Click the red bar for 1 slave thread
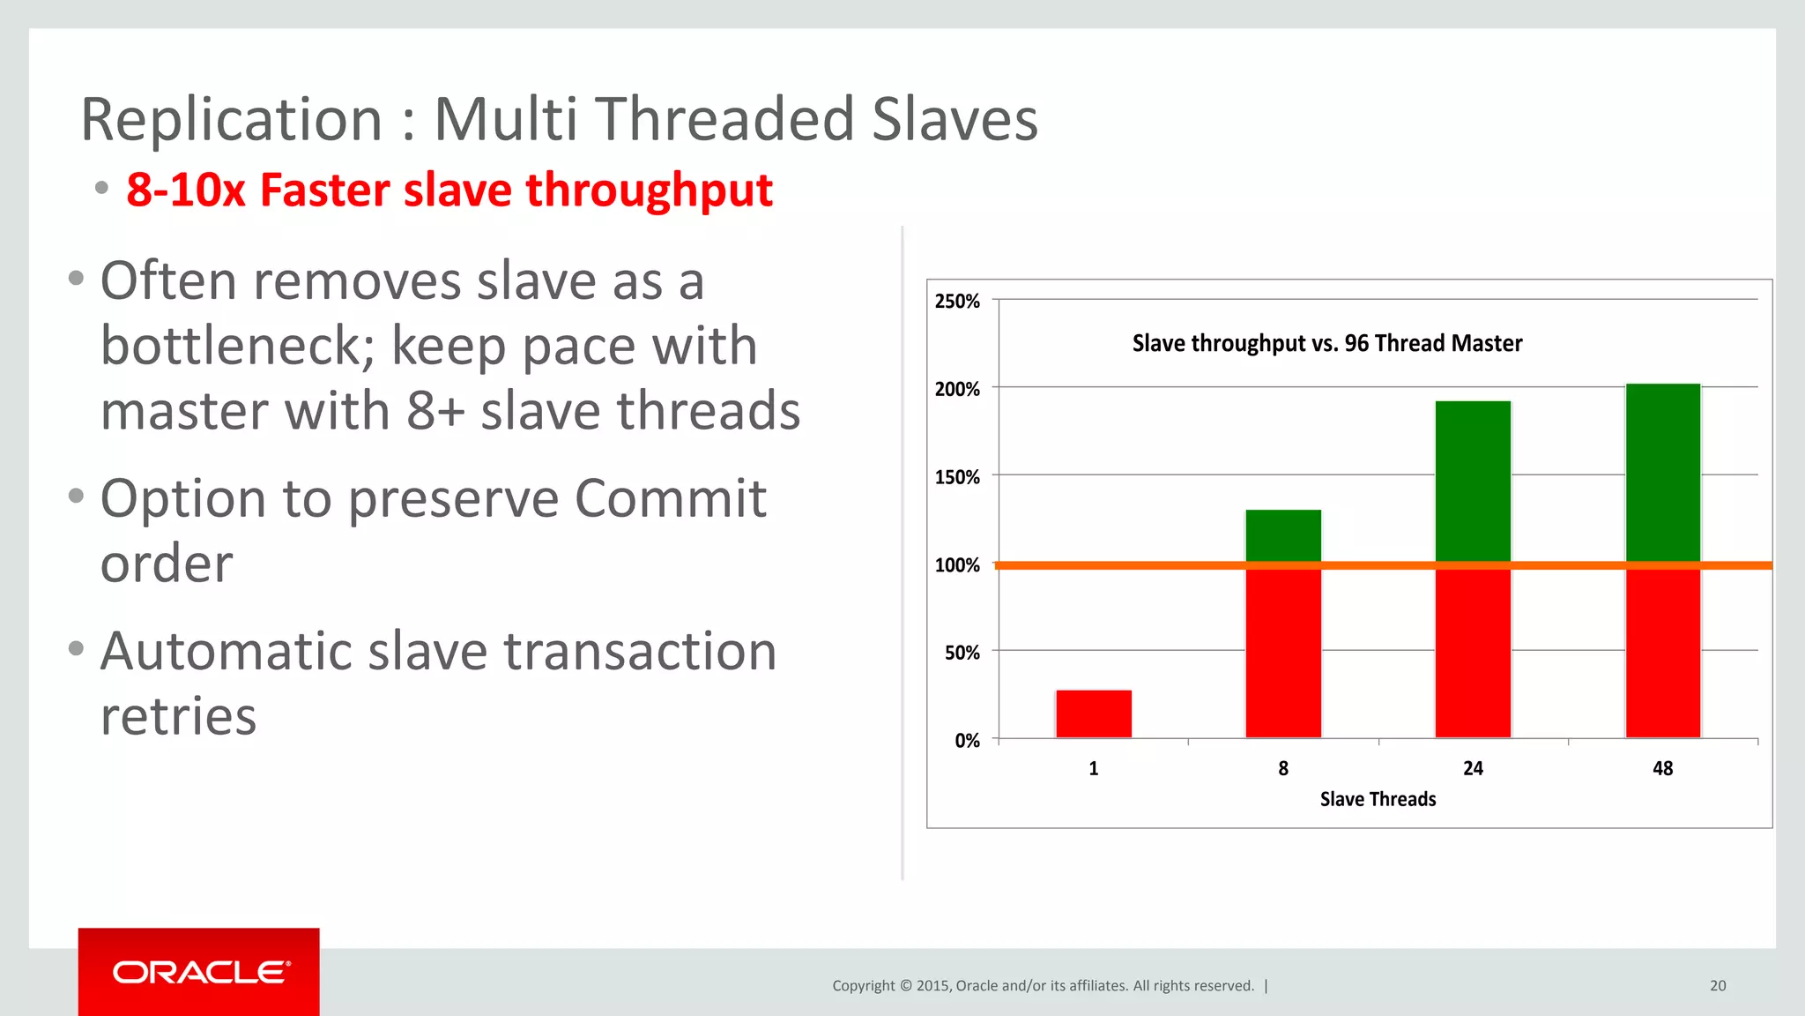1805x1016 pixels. [1094, 713]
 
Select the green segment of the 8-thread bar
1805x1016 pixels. [1283, 534]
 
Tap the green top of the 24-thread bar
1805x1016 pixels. [1473, 480]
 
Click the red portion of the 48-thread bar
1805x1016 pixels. [1662, 653]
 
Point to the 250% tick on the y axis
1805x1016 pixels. [957, 302]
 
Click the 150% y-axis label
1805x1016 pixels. [957, 477]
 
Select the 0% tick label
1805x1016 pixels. [967, 741]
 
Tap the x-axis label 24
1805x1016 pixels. [1473, 768]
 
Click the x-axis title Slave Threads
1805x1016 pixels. [1378, 799]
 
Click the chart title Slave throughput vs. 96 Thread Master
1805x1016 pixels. [1326, 343]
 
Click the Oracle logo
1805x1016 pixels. [199, 972]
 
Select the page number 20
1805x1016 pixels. [1718, 986]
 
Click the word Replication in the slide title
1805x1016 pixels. [231, 120]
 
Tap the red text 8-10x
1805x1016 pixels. [185, 190]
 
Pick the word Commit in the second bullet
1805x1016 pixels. [670, 499]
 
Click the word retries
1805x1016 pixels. [178, 716]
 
